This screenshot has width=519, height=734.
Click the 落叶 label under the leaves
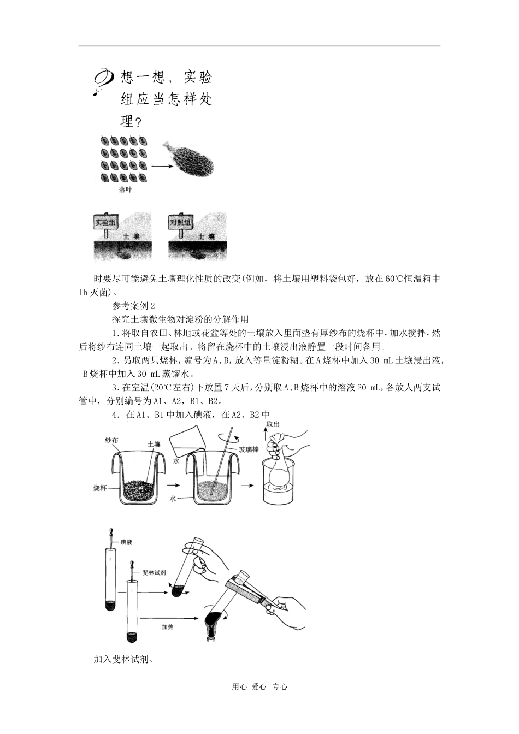point(125,190)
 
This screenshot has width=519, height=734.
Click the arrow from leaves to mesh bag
point(161,165)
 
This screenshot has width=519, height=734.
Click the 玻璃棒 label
point(247,449)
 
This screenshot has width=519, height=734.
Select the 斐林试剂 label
point(154,572)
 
